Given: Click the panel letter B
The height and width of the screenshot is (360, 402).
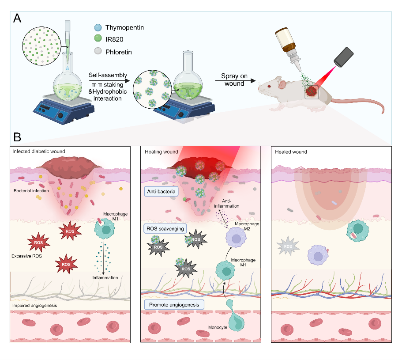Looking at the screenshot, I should (17, 137).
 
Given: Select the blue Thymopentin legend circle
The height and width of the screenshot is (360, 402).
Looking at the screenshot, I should (99, 27).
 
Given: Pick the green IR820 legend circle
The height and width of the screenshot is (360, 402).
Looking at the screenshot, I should (99, 40).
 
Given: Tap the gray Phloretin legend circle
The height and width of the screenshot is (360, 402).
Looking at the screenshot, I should (99, 52).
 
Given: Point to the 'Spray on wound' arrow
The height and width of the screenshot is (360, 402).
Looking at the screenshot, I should (238, 81).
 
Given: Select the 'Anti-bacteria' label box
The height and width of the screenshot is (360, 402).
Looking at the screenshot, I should (162, 191).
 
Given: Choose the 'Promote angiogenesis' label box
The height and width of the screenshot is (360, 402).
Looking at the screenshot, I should (173, 304).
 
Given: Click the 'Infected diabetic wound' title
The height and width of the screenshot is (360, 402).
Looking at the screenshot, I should (39, 152).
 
